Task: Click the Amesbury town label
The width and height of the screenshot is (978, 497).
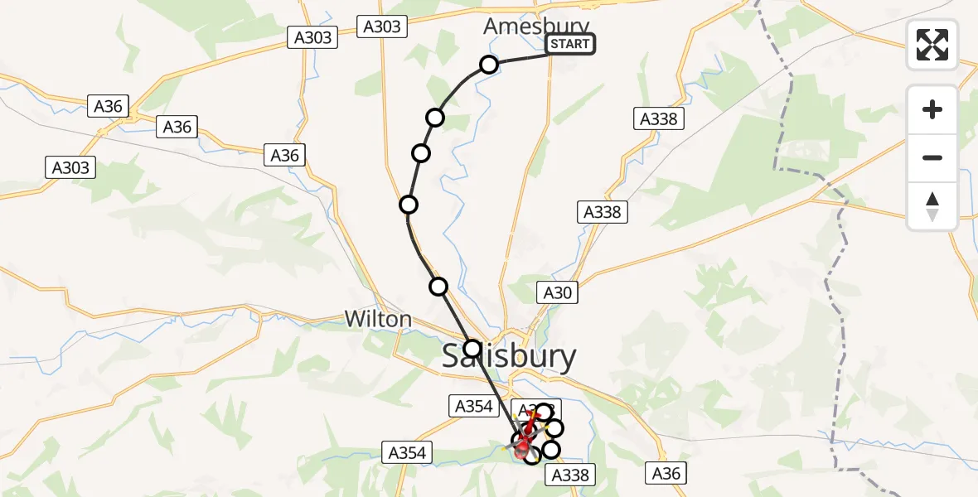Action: (x=536, y=27)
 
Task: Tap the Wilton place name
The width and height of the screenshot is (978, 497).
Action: (x=378, y=319)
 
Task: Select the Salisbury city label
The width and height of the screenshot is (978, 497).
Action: (x=509, y=356)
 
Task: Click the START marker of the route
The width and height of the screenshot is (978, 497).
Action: (x=570, y=44)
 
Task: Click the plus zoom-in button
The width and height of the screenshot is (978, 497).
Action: (x=932, y=109)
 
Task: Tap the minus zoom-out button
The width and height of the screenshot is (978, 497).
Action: (x=932, y=157)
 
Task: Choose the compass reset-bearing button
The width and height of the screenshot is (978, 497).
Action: (x=932, y=206)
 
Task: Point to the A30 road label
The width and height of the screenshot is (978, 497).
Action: (x=557, y=292)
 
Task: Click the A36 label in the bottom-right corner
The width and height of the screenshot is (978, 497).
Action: (x=666, y=473)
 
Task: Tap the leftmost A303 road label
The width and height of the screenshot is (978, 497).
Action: (x=70, y=167)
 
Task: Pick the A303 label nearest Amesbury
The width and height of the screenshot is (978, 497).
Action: (x=382, y=27)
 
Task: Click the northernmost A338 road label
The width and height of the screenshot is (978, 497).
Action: (x=659, y=118)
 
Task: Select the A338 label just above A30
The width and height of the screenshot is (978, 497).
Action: (x=602, y=212)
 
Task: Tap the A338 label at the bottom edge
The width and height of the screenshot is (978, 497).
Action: (x=569, y=475)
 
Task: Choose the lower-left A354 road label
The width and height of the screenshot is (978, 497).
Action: (x=407, y=452)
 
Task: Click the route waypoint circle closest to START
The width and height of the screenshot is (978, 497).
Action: (x=489, y=65)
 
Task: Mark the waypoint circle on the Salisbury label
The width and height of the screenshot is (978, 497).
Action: (x=472, y=349)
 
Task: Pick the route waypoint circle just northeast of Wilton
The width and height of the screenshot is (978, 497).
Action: (x=438, y=287)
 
